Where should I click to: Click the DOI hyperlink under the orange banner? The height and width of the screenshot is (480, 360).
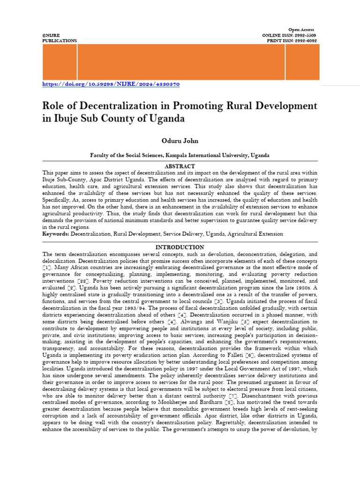(111, 84)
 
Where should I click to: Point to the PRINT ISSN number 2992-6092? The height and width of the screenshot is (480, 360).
(304, 41)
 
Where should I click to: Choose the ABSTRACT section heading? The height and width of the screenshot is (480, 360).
(180, 166)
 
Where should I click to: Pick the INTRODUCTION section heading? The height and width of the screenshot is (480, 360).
(180, 247)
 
